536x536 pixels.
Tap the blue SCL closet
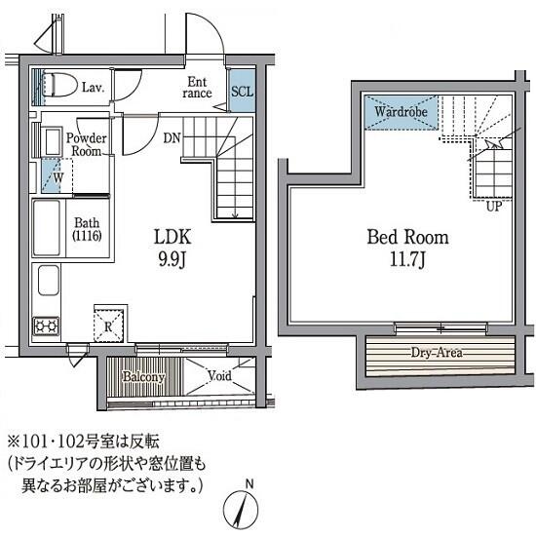(x=243, y=91)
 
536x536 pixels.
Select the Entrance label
(x=197, y=88)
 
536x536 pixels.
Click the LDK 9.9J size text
(x=172, y=261)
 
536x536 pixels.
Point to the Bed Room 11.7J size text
(x=407, y=260)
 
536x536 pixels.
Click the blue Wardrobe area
(x=401, y=112)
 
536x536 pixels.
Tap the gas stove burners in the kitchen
(x=46, y=326)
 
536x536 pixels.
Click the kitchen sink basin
(x=49, y=281)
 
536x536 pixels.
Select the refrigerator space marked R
(x=108, y=325)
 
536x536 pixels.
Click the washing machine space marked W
(x=57, y=176)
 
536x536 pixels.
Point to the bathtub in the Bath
(x=47, y=228)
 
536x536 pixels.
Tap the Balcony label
(x=143, y=377)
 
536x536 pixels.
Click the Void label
(x=219, y=375)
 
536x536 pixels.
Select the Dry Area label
(x=437, y=352)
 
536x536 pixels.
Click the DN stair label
(x=172, y=138)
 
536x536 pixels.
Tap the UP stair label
(x=494, y=207)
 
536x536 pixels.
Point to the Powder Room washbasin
(x=52, y=142)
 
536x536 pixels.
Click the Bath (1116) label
(x=87, y=229)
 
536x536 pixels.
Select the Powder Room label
(x=86, y=144)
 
